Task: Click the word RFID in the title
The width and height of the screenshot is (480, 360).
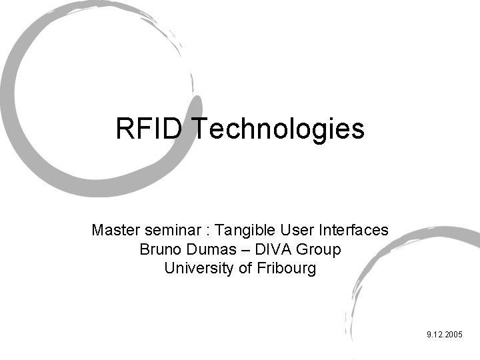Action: [x=148, y=128]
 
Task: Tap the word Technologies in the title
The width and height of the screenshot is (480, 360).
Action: [x=278, y=129]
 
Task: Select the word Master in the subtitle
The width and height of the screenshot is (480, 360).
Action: [x=113, y=231]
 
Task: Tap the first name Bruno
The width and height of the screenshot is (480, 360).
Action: [x=159, y=250]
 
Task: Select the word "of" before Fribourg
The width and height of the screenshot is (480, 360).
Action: [x=244, y=269]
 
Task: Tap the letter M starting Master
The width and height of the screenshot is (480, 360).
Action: [x=97, y=231]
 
